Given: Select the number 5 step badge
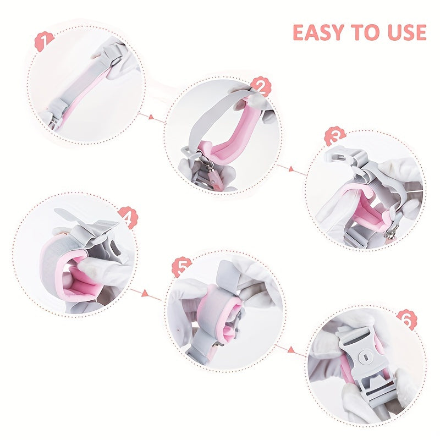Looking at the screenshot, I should click(x=181, y=268).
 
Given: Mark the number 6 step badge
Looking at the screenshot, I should click(x=405, y=320).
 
